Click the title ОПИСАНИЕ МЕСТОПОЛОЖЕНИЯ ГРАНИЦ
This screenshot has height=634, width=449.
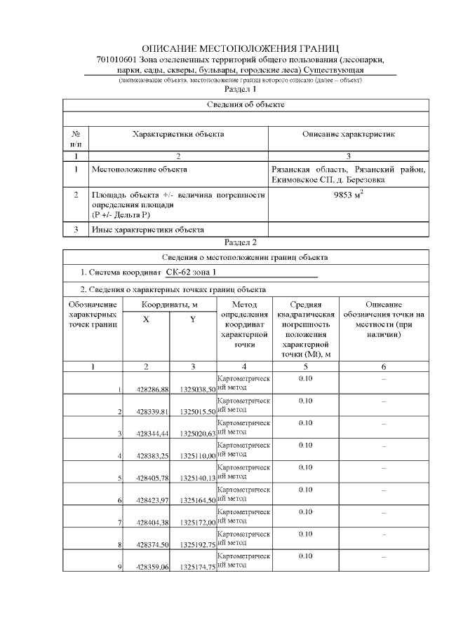[240, 48]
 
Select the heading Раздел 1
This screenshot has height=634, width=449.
[240, 90]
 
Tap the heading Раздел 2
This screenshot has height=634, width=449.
[240, 242]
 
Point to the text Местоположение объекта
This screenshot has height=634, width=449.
[139, 169]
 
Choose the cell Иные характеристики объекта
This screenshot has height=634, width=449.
[147, 229]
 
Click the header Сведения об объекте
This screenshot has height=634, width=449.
[246, 104]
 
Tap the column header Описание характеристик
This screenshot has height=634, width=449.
[349, 133]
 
